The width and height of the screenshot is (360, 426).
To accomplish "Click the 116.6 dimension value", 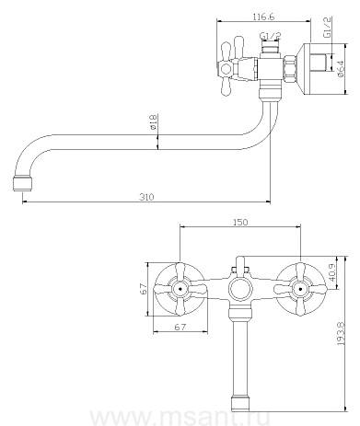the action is pos(263,17).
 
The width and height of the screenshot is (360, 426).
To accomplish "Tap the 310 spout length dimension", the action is pos(146,197).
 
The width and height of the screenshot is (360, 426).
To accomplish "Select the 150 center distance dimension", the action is pos(240,222).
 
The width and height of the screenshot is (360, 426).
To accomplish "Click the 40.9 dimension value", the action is pos(331,274).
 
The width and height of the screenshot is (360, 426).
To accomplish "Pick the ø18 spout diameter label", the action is pos(154,121).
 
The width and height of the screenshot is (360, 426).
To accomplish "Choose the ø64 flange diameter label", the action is pos(341,68).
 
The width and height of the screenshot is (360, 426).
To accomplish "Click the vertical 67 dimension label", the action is pos(144,289).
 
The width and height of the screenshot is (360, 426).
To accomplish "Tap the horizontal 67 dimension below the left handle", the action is pos(180,328).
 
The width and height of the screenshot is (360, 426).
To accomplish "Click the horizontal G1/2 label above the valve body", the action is pos(271,36).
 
